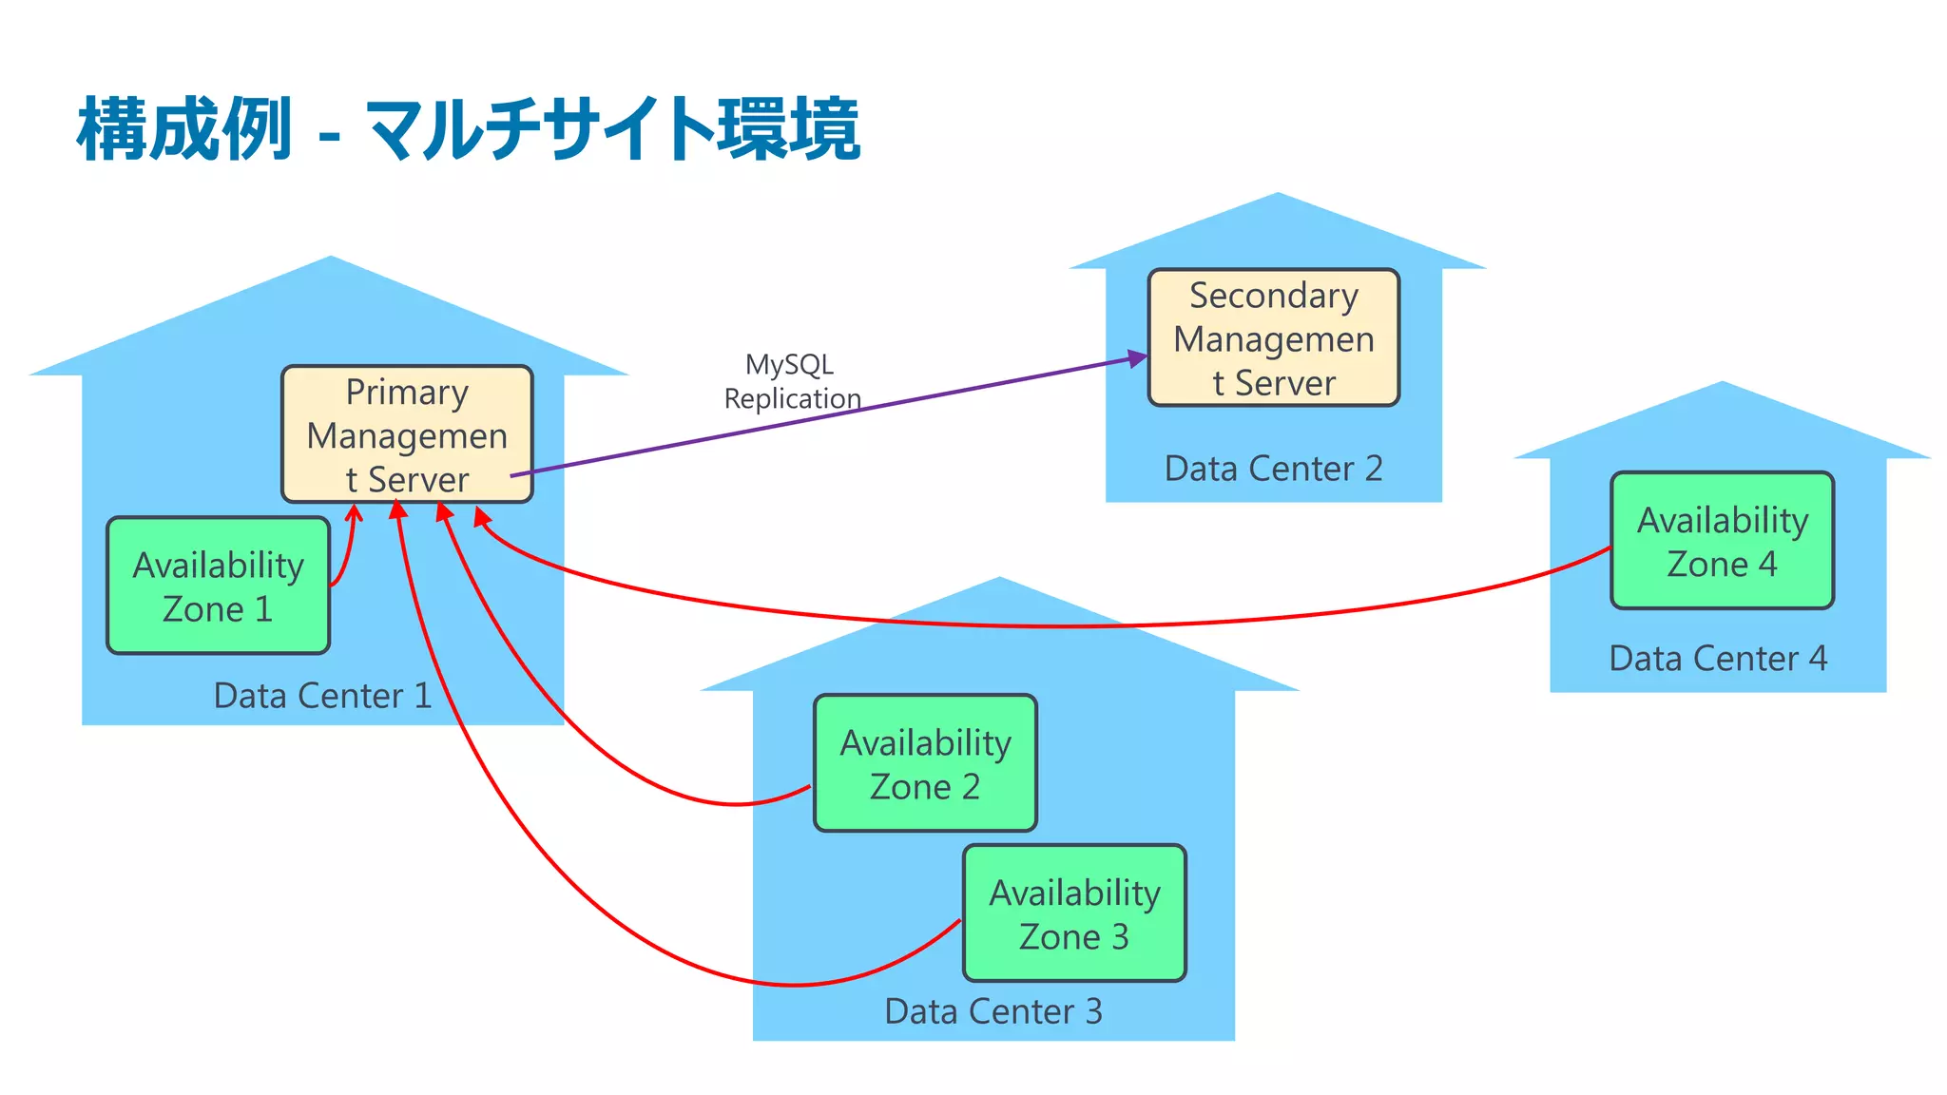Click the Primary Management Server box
407,434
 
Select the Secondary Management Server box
1273,338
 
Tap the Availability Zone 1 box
218,586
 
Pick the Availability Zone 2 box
925,763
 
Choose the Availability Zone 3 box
1074,913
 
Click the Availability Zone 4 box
1722,541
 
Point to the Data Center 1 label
322,696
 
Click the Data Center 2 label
1273,469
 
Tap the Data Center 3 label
993,1011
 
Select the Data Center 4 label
1718,659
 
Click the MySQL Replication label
791,381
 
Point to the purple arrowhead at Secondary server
1138,358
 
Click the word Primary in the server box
407,393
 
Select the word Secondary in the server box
1273,296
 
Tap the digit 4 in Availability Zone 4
1767,565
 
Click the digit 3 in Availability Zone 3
1120,937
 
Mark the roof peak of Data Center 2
1278,196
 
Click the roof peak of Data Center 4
1722,384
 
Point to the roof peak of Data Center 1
330,259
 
